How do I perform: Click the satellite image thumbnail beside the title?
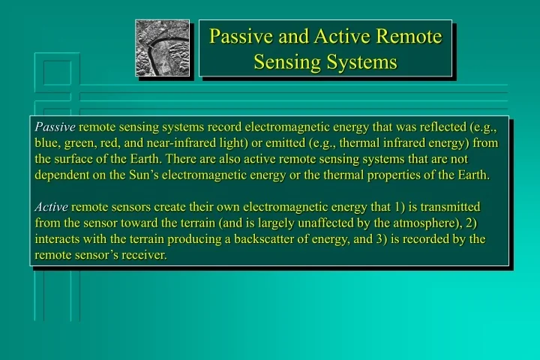pyautogui.click(x=162, y=48)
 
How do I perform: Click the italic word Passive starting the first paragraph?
pyautogui.click(x=55, y=127)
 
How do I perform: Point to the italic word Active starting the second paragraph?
pyautogui.click(x=51, y=206)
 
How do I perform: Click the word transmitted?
pyautogui.click(x=448, y=206)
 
